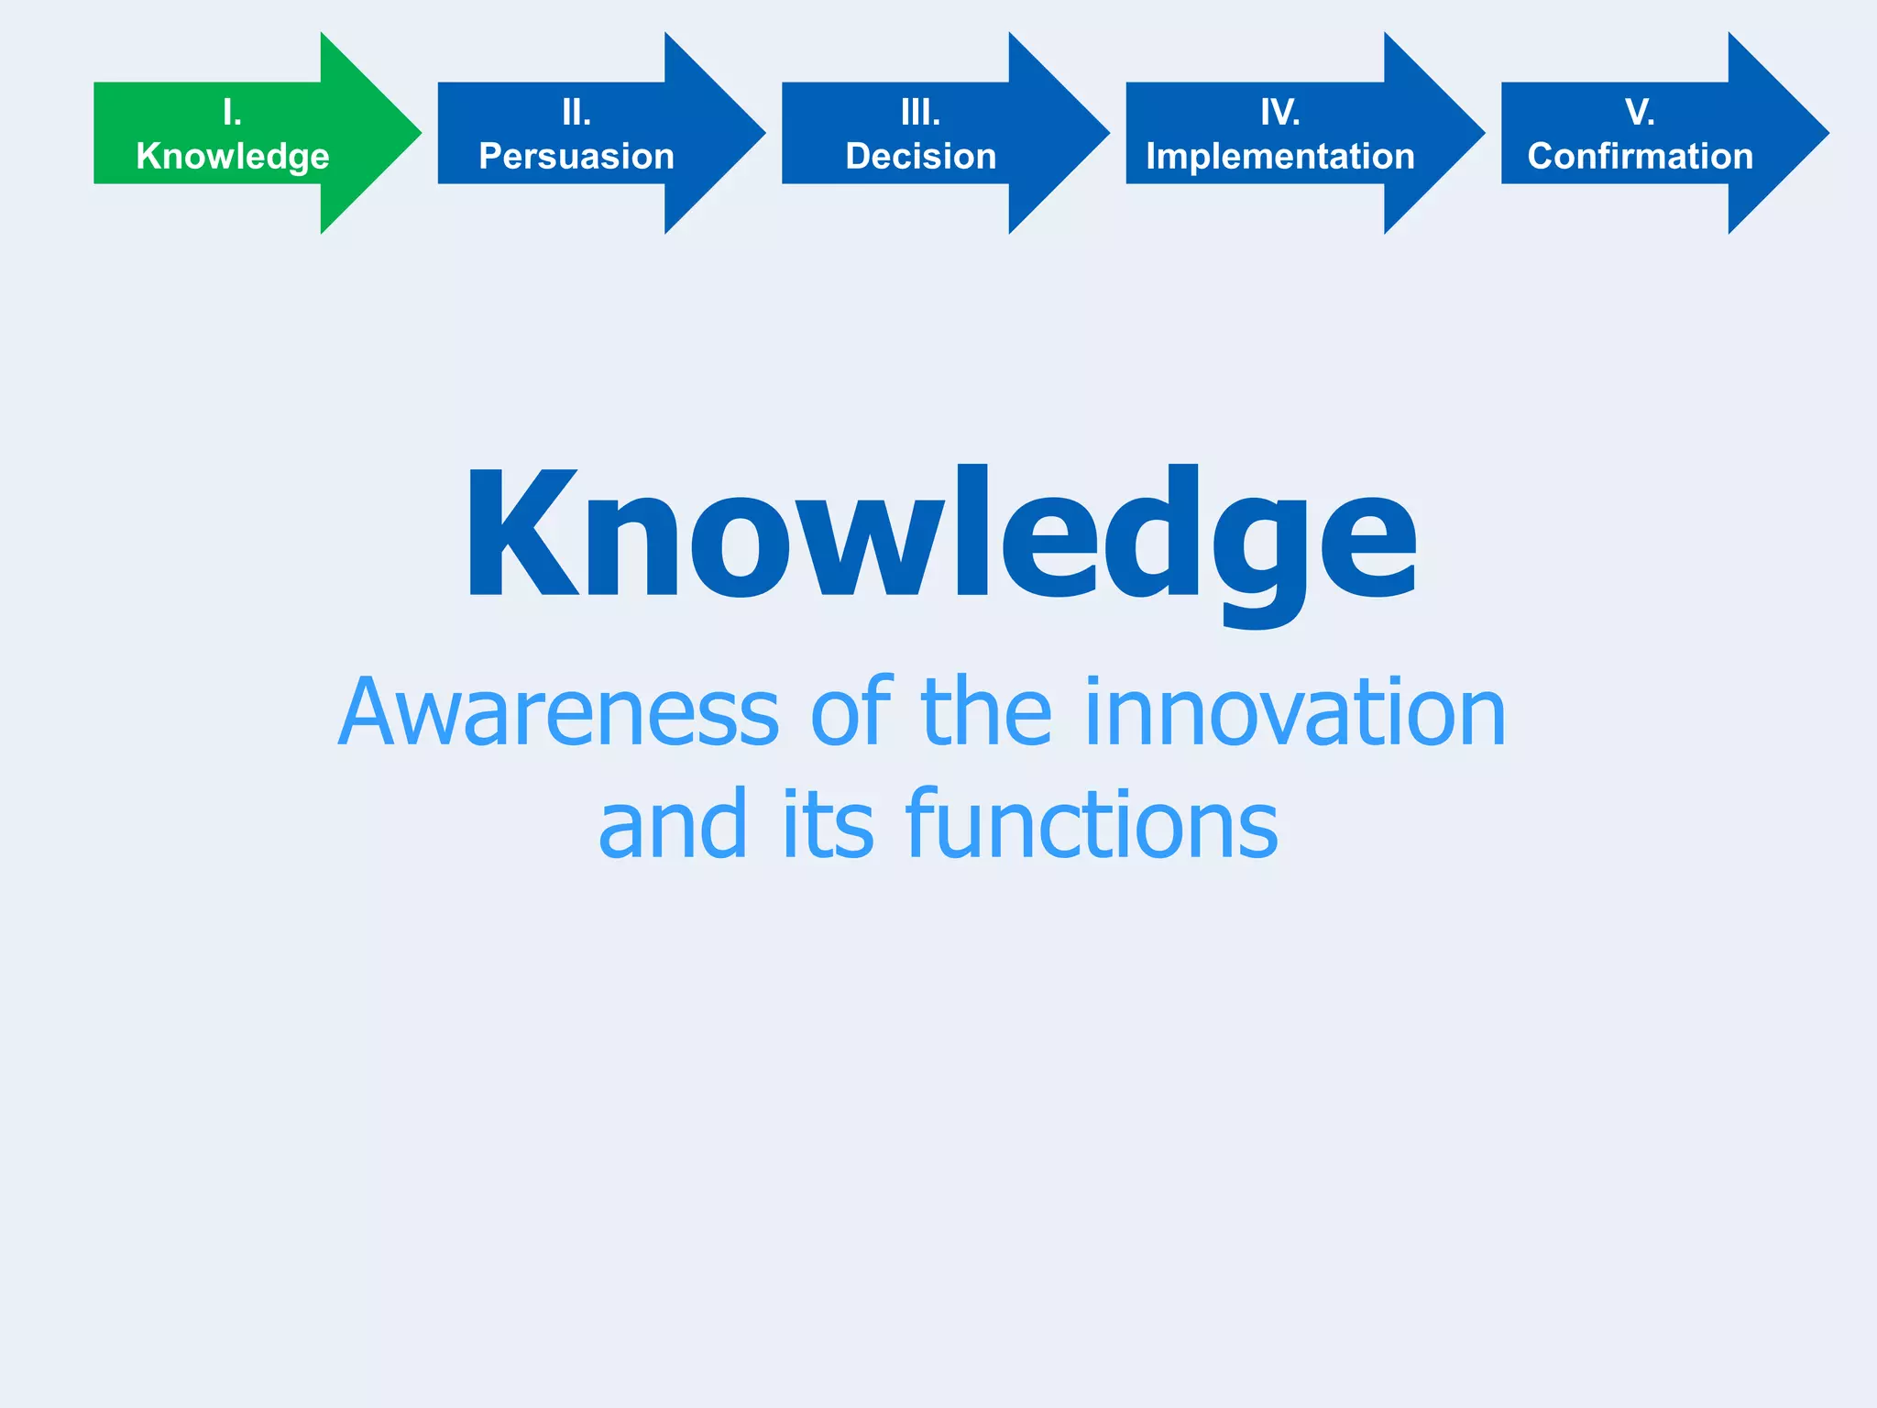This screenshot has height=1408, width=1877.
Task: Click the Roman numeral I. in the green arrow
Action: (x=232, y=113)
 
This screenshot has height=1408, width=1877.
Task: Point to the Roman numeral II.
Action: (x=576, y=113)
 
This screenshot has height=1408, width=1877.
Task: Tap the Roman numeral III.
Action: (x=920, y=113)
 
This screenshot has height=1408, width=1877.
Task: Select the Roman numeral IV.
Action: (x=1279, y=113)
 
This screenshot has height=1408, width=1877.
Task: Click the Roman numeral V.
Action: (x=1640, y=113)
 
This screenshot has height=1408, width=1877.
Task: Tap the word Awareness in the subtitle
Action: (x=558, y=713)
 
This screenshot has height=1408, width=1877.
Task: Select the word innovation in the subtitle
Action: (x=1294, y=713)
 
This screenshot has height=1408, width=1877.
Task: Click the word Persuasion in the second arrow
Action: (x=576, y=157)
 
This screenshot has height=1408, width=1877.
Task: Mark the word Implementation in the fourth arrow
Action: (x=1279, y=157)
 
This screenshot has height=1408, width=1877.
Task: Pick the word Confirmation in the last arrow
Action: (x=1640, y=157)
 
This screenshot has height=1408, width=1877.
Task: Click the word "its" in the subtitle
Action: (x=828, y=825)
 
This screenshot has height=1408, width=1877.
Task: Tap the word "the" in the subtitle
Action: (x=986, y=713)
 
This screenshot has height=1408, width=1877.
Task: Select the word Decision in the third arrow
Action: (x=920, y=157)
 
